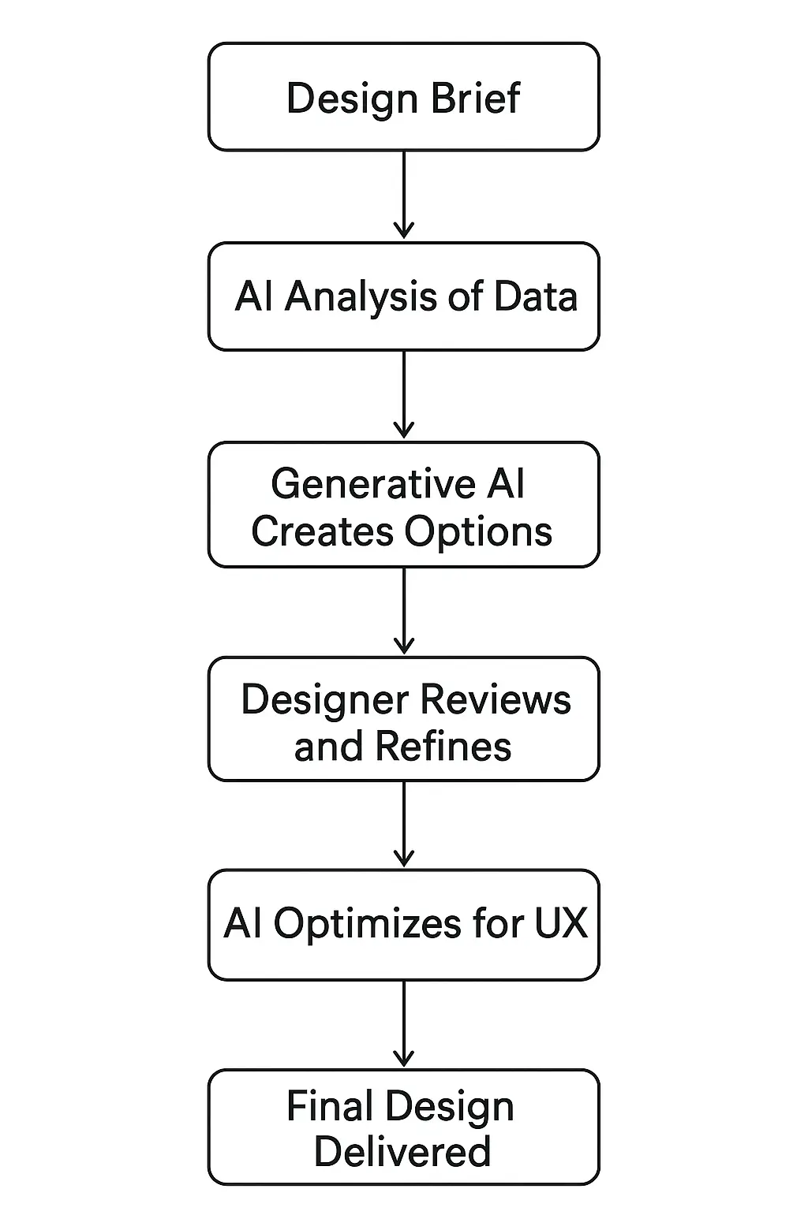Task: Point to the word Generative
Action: pos(372,484)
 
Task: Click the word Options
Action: pos(489,532)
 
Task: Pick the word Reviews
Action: pos(496,700)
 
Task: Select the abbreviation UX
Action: pos(561,923)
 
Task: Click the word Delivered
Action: pos(402,1152)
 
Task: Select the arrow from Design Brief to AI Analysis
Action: pos(404,195)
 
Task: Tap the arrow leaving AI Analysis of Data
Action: pos(404,394)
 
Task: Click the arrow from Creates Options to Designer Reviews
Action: pos(404,610)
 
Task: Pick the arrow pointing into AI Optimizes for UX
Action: pos(404,825)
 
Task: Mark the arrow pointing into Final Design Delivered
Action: pos(404,1023)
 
